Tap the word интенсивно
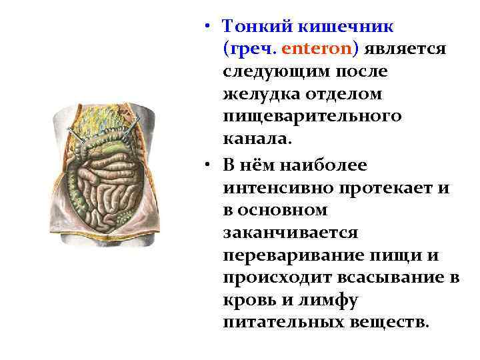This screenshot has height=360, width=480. [279, 187]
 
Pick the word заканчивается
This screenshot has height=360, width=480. [291, 233]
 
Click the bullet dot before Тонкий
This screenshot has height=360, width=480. [209, 25]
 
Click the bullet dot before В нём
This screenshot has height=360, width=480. [209, 163]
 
